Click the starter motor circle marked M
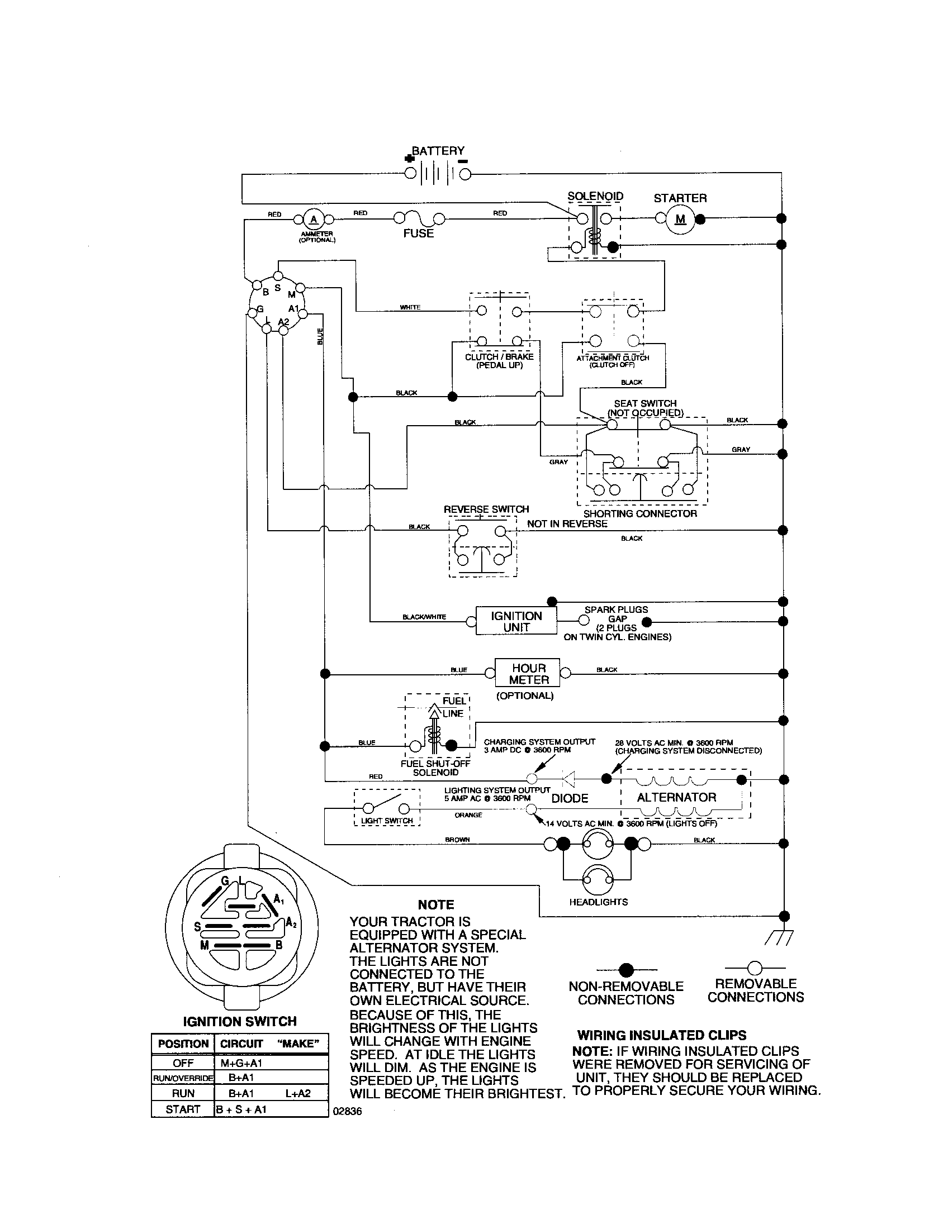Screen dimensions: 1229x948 (x=681, y=219)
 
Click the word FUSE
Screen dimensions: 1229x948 (x=418, y=233)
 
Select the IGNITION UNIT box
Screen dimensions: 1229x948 (x=516, y=621)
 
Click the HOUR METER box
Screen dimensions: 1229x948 (x=528, y=673)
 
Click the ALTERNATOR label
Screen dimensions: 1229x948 (x=677, y=797)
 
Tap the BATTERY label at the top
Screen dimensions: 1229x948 (x=438, y=151)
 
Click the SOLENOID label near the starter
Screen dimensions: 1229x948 (x=595, y=197)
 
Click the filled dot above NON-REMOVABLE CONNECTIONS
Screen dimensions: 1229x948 (x=626, y=970)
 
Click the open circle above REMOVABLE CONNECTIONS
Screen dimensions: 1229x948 (x=755, y=968)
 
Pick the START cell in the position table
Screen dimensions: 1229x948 (x=183, y=1109)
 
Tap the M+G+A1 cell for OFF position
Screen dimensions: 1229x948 (x=241, y=1063)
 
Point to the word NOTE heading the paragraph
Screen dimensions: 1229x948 (x=436, y=905)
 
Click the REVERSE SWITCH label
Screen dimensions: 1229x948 (x=486, y=509)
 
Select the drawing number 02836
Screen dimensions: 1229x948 (x=348, y=1112)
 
